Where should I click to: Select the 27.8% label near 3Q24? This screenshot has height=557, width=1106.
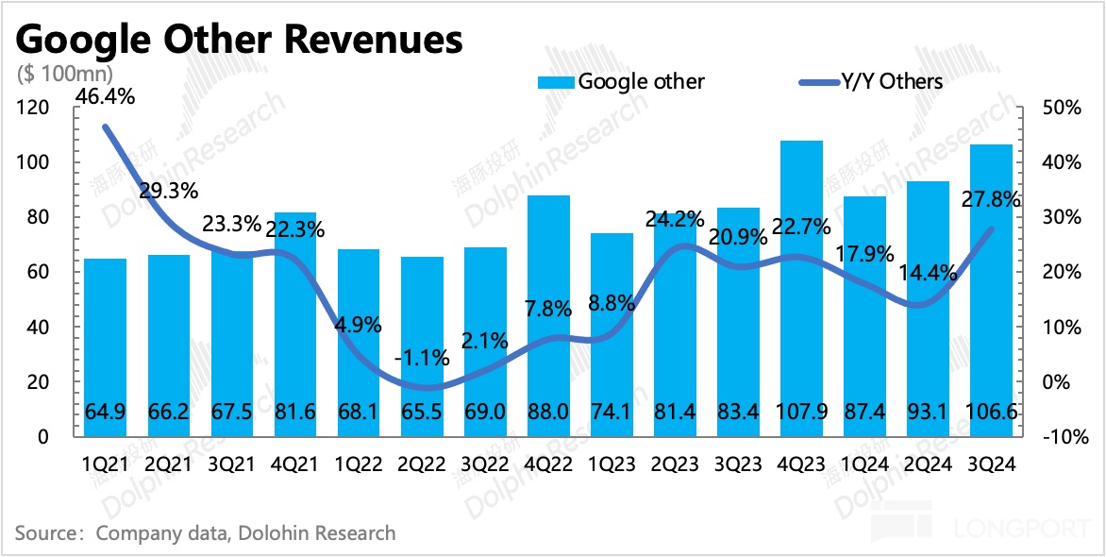click(x=989, y=199)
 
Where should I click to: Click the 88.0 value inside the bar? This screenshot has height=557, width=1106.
click(x=548, y=414)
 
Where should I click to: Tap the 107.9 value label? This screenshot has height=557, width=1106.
click(x=801, y=414)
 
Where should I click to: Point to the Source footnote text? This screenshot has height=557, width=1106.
click(x=205, y=533)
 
